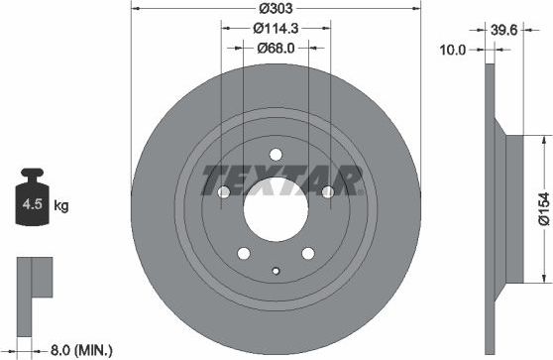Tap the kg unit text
tap(61, 206)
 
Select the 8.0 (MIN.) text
tap(80, 349)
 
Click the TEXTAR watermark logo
tap(279, 181)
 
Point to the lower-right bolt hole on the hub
tap(307, 254)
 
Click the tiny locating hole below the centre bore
tap(276, 269)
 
